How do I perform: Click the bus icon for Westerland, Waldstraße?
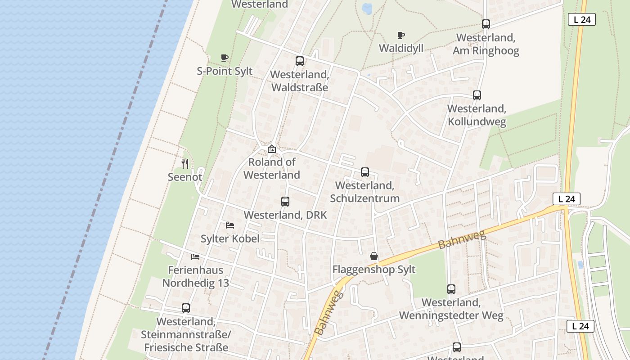pyautogui.click(x=300, y=61)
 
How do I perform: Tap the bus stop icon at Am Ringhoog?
pyautogui.click(x=486, y=24)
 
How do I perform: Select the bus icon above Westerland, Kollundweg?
pyautogui.click(x=477, y=95)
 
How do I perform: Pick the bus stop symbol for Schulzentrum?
pyautogui.click(x=365, y=172)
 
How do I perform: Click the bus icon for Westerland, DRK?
pyautogui.click(x=285, y=202)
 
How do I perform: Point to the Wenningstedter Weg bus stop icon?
pyautogui.click(x=451, y=289)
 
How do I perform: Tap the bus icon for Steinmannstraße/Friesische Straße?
pyautogui.click(x=186, y=308)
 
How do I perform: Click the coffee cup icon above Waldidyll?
pyautogui.click(x=401, y=35)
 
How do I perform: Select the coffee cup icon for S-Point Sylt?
pyautogui.click(x=225, y=58)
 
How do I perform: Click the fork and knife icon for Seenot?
pyautogui.click(x=185, y=163)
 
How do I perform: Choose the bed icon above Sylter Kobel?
pyautogui.click(x=230, y=225)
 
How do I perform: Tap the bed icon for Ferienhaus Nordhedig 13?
pyautogui.click(x=195, y=257)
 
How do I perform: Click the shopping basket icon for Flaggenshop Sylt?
pyautogui.click(x=374, y=256)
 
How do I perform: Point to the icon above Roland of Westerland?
pyautogui.click(x=272, y=149)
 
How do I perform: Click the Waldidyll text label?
pyautogui.click(x=401, y=48)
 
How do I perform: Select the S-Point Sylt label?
pyautogui.click(x=225, y=71)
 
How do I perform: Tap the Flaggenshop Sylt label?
pyautogui.click(x=374, y=270)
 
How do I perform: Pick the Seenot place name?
pyautogui.click(x=185, y=177)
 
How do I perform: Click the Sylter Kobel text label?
pyautogui.click(x=230, y=238)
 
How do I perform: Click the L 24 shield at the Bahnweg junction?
pyautogui.click(x=567, y=199)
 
